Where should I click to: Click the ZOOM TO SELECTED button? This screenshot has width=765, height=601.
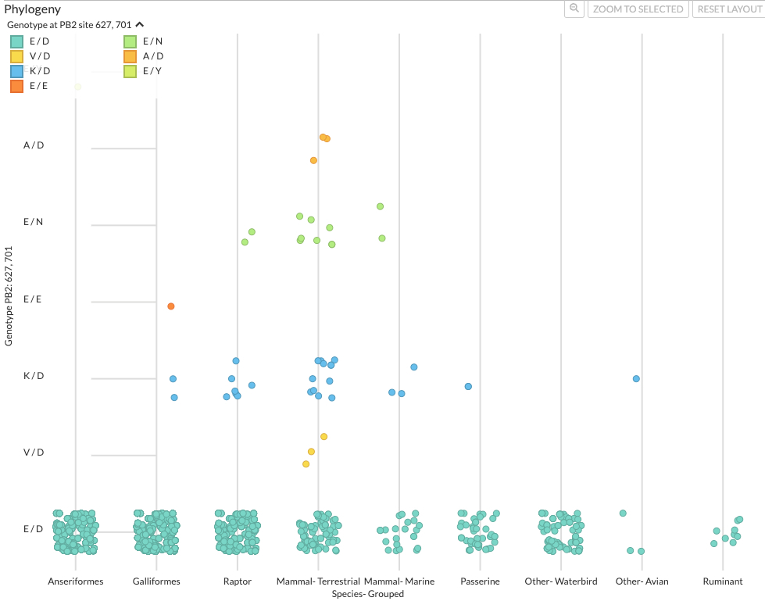coord(638,9)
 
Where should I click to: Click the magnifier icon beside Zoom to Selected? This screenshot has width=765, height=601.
coord(574,9)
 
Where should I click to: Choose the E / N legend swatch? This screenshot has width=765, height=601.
coord(130,41)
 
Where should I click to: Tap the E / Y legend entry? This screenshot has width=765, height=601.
coord(130,71)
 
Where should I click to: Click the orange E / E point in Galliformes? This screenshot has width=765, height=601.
coord(170,306)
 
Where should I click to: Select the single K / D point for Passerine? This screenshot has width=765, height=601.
coord(468,387)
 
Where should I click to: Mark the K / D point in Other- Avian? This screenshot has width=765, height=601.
coord(637,379)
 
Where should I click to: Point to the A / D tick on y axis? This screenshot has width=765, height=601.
coord(34,145)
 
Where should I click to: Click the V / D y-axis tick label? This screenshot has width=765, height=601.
coord(34,453)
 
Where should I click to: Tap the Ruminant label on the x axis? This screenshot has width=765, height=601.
coord(723,581)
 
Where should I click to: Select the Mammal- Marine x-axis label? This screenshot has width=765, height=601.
coord(399,581)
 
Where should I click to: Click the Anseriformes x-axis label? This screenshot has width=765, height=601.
coord(76,581)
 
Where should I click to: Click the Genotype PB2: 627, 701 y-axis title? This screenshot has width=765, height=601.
coord(9,296)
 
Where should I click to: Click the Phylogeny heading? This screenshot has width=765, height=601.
coord(33,9)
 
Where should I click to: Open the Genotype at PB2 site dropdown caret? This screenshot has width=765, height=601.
coord(139,25)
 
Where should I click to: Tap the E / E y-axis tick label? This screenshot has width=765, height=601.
coord(34,299)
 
